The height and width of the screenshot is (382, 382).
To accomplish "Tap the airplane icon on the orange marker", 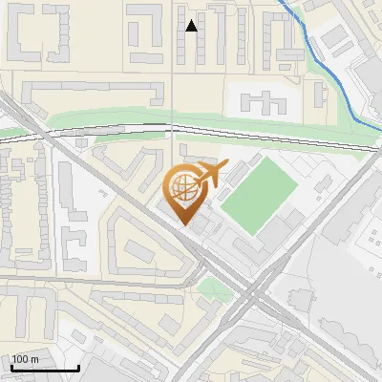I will pyautogui.click(x=207, y=175).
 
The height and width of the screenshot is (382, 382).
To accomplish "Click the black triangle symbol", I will pyautogui.click(x=192, y=27).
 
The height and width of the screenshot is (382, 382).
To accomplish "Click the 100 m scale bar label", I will pyautogui.click(x=25, y=359).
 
